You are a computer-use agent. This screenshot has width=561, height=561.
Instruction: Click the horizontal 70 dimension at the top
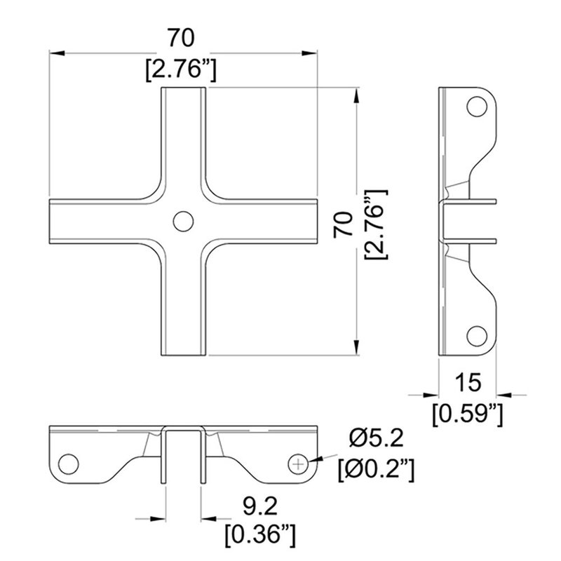(181, 36)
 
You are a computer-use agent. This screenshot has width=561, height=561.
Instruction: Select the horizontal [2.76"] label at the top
(181, 70)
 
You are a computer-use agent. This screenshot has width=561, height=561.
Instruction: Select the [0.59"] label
(468, 414)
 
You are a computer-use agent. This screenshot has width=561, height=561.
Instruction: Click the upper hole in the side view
(478, 107)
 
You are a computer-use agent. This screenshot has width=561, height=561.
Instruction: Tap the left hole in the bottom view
(69, 464)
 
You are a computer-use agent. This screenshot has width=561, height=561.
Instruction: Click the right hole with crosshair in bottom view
(299, 464)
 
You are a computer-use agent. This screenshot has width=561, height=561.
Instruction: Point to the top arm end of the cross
(184, 95)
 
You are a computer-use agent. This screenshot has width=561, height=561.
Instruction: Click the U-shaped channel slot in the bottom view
(184, 456)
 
